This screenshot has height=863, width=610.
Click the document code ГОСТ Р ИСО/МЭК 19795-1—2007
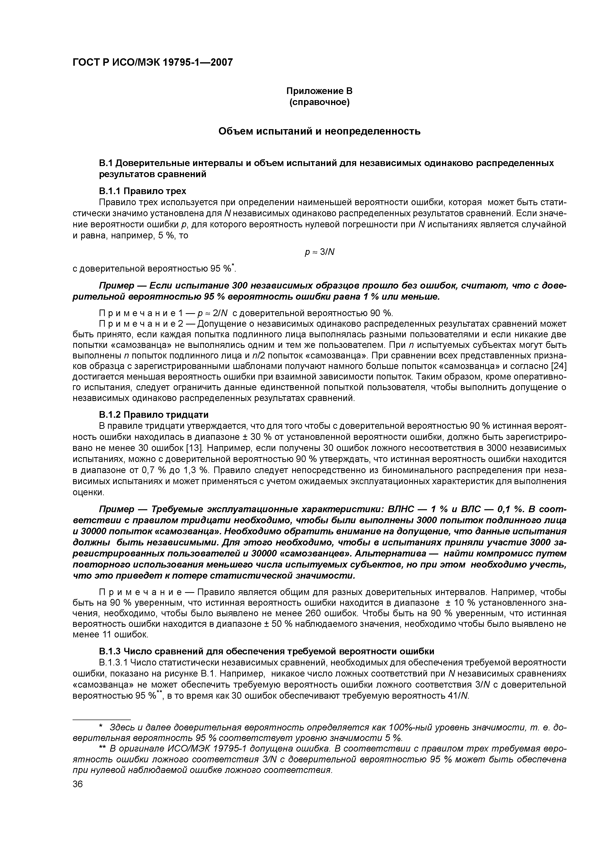[152, 62]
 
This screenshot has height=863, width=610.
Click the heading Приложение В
[320, 91]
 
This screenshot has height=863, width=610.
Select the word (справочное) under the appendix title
[320, 102]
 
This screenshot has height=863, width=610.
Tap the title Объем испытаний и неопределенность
[320, 132]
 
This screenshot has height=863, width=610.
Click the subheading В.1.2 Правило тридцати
[154, 415]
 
